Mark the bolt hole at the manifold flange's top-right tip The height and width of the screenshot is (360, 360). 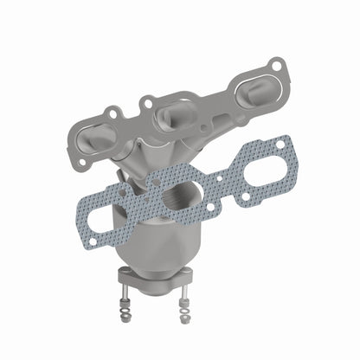pyautogui.click(x=275, y=65)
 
